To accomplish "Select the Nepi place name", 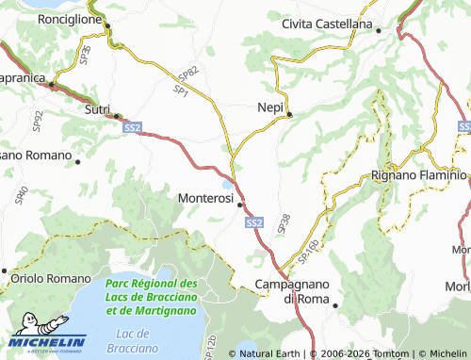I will coord(270,108).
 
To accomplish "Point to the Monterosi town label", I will coord(205,199).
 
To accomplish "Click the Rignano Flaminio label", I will coord(419,174).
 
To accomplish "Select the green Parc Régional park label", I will coord(152,296).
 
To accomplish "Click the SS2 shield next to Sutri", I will coord(132,126).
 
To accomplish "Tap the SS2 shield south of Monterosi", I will coord(253,222).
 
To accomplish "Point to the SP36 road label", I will coord(87,53).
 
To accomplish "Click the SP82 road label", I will coord(188,74).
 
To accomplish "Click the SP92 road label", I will coord(38,120).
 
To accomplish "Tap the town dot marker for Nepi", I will coord(290,115).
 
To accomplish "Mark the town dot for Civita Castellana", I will coord(379,30).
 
